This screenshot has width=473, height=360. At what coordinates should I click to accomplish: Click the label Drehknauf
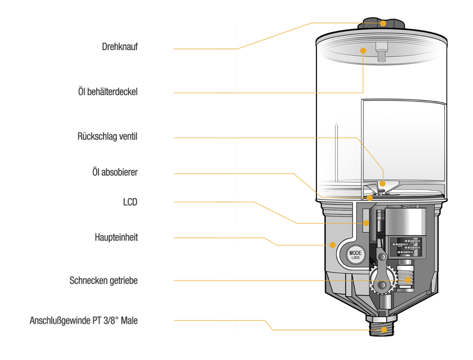click(x=120, y=47)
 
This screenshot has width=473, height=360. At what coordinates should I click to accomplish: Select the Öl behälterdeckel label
click(x=108, y=92)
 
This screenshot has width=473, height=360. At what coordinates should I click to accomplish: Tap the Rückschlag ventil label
click(x=107, y=137)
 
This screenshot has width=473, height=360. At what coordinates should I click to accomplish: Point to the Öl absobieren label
click(x=115, y=172)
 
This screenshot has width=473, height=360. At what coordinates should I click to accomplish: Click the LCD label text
click(x=130, y=202)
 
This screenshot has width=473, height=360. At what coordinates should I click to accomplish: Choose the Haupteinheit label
click(x=116, y=237)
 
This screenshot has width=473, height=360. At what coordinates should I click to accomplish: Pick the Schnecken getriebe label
click(x=104, y=281)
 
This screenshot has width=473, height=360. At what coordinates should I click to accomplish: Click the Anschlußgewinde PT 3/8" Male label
click(x=83, y=321)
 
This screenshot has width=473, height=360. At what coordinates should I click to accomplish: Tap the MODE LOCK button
click(x=355, y=255)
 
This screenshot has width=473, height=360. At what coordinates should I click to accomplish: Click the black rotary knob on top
click(x=382, y=24)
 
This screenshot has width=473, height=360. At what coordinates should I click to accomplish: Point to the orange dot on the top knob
click(x=383, y=24)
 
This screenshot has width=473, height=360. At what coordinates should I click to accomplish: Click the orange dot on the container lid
click(x=363, y=51)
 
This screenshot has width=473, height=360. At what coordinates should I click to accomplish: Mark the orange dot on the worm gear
click(x=408, y=280)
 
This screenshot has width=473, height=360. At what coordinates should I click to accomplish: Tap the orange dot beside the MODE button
click(x=333, y=245)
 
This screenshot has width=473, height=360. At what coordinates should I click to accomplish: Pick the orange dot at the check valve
click(x=383, y=184)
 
